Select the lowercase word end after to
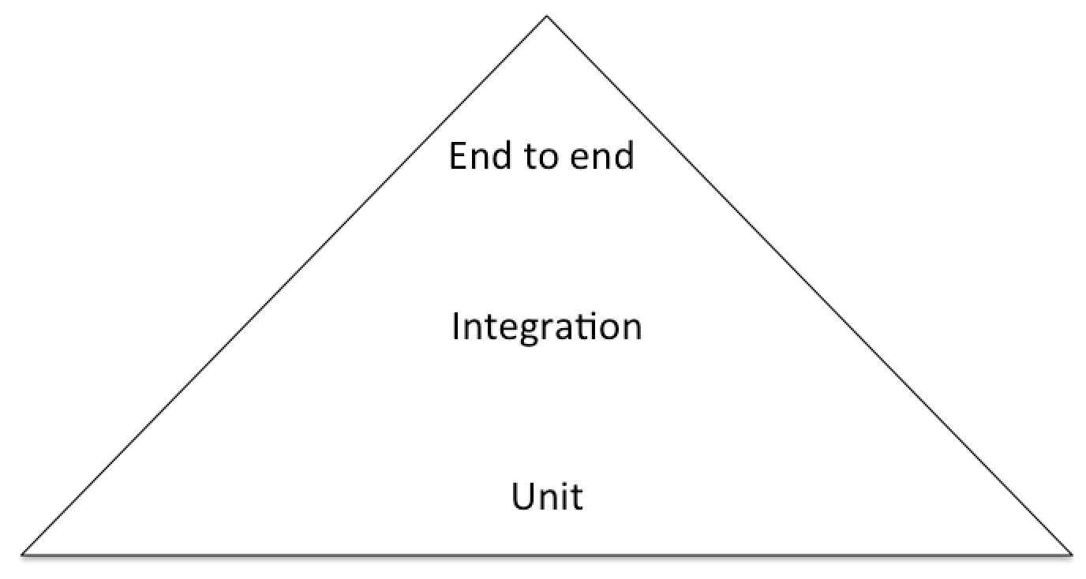click(603, 155)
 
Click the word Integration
click(546, 327)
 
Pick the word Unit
click(547, 497)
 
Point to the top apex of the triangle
click(546, 17)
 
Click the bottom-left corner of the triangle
click(24, 554)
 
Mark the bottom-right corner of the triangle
click(1070, 554)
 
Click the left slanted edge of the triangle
click(284, 286)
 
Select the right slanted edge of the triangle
click(808, 286)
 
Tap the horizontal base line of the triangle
click(546, 555)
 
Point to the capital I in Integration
click(456, 326)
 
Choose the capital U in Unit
click(522, 497)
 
